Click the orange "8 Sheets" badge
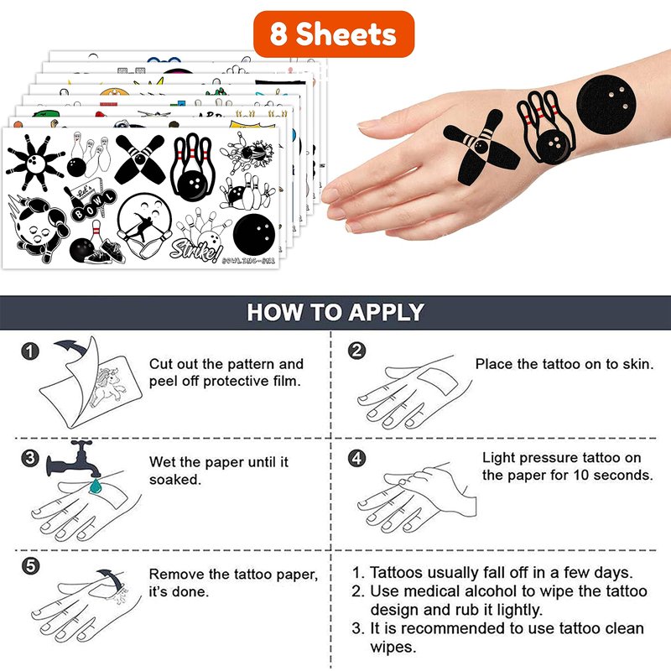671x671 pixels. tap(334, 34)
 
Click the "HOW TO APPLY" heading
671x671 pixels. tap(335, 312)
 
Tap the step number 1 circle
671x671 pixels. tap(30, 351)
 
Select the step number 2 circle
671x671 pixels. tap(357, 351)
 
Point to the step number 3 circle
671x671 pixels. tap(30, 458)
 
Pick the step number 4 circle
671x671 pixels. tap(357, 458)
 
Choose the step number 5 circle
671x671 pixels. tap(30, 565)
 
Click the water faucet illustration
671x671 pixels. tap(74, 459)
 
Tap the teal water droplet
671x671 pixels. tap(95, 486)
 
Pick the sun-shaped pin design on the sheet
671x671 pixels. tap(35, 162)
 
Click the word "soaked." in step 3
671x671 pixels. tap(175, 480)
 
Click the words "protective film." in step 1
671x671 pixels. tap(252, 382)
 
